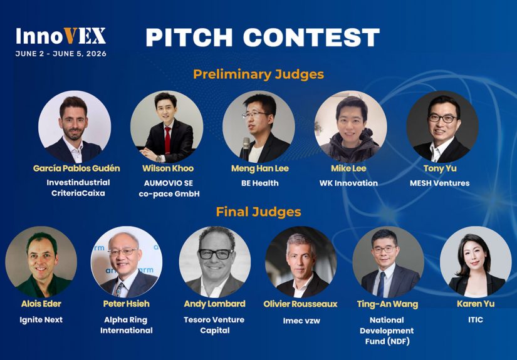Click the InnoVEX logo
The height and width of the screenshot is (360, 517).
point(61,36)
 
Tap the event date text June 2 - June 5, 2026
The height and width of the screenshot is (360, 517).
point(61,54)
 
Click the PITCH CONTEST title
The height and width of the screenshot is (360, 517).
point(263,37)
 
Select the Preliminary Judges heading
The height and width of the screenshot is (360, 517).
point(258,74)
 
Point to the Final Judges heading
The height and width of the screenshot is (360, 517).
point(258,212)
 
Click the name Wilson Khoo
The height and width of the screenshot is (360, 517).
point(168,168)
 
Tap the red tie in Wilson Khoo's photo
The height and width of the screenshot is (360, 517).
point(167,140)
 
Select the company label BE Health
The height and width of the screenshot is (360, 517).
point(260,183)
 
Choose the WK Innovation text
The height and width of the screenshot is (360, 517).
point(348,183)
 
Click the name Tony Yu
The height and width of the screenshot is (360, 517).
point(440,168)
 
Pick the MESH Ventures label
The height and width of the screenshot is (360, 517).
point(439,183)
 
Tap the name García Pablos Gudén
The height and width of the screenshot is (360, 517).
point(76,168)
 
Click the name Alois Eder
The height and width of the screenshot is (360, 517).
point(41,304)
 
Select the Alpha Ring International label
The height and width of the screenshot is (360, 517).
point(127,325)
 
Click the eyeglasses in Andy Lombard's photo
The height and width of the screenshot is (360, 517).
point(216,254)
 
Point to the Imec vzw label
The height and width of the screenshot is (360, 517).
point(301,321)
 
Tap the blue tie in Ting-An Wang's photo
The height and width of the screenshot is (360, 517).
point(382,284)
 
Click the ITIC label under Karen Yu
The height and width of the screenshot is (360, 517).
point(476,319)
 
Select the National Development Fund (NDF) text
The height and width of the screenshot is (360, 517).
point(387,331)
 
